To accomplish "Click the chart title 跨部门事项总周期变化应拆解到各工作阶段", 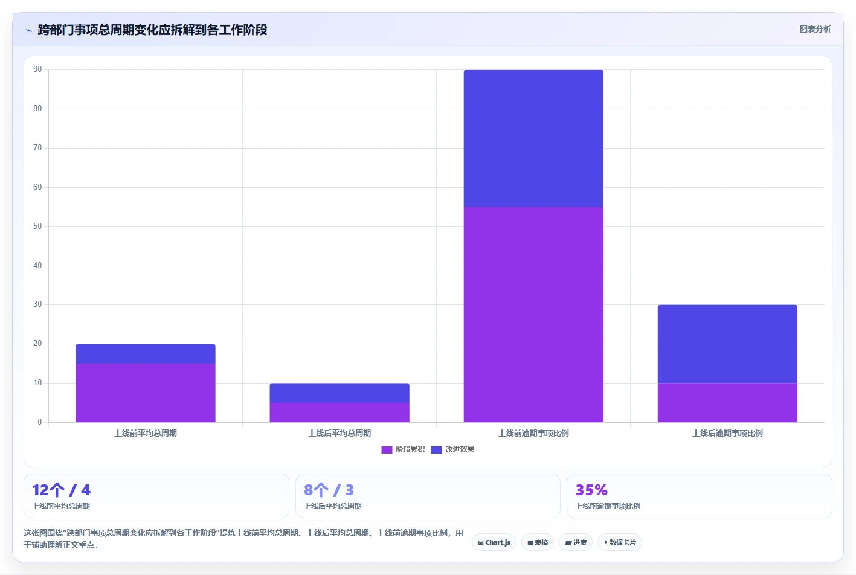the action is [x=152, y=30].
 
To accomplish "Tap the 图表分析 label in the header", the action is [x=815, y=30].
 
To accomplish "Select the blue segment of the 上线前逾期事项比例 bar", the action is [x=533, y=138].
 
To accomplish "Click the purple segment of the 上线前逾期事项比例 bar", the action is [x=533, y=315].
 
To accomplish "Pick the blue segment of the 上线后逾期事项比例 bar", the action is [x=727, y=344].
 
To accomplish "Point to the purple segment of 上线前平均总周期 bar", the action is [x=146, y=393].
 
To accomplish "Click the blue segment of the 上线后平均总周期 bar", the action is [x=340, y=393].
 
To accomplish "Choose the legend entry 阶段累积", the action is [x=403, y=449].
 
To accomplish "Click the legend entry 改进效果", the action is [x=452, y=449].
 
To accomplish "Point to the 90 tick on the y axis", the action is [x=37, y=69].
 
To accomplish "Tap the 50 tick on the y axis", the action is [x=37, y=226].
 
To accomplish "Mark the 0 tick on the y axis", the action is [x=40, y=422].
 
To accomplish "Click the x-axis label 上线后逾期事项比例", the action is [x=727, y=433].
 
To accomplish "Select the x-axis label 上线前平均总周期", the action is [x=146, y=433].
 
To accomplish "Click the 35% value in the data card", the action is [x=591, y=490].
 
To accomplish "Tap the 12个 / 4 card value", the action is [x=61, y=490].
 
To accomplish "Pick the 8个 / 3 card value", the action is [x=329, y=490].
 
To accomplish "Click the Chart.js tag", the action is [x=494, y=542].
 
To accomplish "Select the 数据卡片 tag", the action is [x=619, y=542].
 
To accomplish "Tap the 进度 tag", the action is [x=576, y=542].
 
